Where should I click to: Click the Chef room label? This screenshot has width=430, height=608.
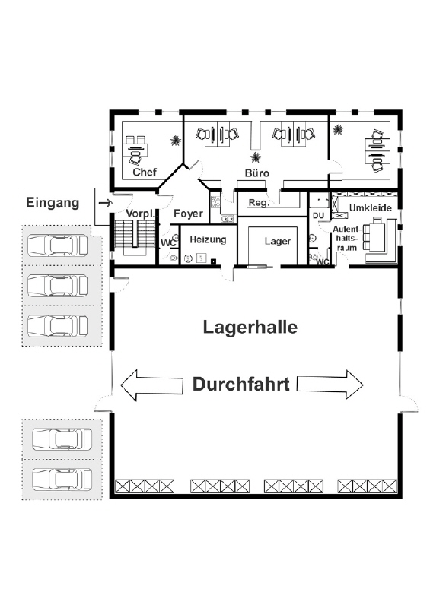[x=145, y=173]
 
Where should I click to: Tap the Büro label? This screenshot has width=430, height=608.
[x=256, y=173]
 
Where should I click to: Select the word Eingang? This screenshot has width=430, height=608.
[x=53, y=203]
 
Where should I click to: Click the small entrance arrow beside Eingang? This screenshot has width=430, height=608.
[x=106, y=203]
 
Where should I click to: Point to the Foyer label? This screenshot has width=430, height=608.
[x=189, y=214]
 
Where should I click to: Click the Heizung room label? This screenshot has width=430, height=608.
[x=208, y=240]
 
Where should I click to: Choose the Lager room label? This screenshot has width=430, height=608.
[x=277, y=241]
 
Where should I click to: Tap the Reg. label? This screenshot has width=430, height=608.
[x=259, y=203]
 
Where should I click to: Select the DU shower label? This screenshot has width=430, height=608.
[x=318, y=216]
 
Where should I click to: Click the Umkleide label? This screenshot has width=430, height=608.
[x=370, y=208]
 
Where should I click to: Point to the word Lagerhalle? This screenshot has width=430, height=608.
[x=250, y=328]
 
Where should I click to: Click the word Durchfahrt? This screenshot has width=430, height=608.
[x=240, y=385]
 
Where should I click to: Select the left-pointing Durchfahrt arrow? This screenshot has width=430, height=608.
[x=151, y=385]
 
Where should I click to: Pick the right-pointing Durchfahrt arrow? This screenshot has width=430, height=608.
[x=330, y=385]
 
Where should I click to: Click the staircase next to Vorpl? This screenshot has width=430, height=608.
[x=132, y=237]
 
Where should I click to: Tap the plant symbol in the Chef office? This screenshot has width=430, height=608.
[x=176, y=141]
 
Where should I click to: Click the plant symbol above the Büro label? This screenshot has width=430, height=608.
[x=256, y=157]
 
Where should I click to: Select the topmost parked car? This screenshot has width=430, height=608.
[x=58, y=245]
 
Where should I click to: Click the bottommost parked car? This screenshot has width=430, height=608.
[x=62, y=479]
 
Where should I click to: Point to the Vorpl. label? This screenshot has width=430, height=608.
[x=140, y=214]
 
